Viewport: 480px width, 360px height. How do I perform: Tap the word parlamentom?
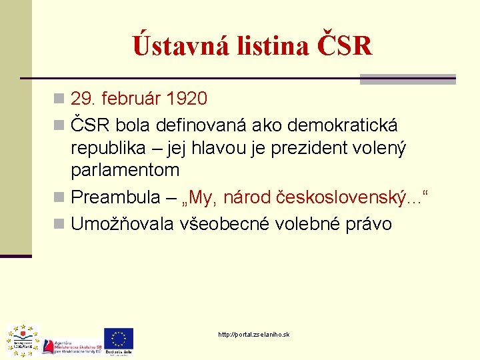[125, 170]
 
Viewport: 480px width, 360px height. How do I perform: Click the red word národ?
[247, 197]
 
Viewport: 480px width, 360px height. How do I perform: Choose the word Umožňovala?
[123, 224]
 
